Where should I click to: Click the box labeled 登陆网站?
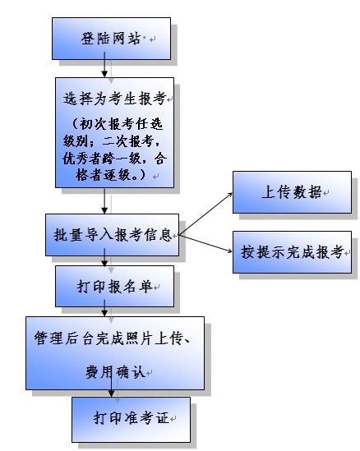tap(111, 39)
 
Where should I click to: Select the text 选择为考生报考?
tap(115, 99)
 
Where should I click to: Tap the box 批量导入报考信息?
tap(112, 235)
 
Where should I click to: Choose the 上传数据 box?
tap(292, 192)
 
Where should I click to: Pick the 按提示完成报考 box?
tap(292, 252)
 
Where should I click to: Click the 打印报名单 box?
tap(114, 286)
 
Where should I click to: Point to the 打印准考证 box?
tap(131, 420)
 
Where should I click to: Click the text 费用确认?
tap(115, 372)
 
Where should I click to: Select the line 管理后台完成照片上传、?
tap(113, 338)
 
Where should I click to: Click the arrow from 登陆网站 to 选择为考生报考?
tap(104, 65)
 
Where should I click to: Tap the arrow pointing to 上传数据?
tap(205, 214)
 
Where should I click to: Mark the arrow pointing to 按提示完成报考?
tap(205, 244)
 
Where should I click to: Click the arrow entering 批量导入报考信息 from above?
tap(104, 200)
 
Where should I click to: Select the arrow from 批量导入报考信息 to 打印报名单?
tap(104, 257)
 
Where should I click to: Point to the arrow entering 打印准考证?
tap(111, 383)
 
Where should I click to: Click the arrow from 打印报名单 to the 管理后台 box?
tap(104, 308)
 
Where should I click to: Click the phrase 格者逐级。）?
tap(111, 175)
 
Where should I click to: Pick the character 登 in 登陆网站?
tap(87, 39)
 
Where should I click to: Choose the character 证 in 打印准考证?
tap(162, 418)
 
